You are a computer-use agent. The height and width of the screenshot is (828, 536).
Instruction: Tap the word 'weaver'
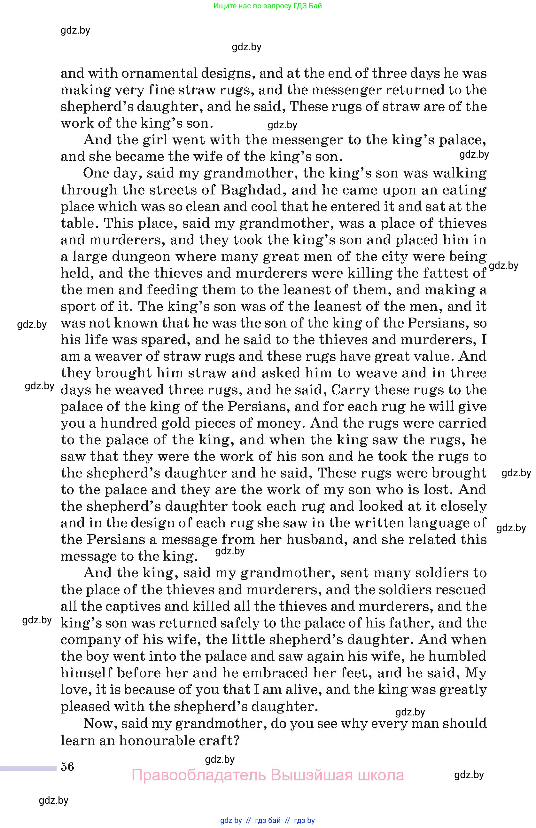click(121, 357)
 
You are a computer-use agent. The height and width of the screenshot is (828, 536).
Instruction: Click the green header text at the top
click(268, 6)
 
